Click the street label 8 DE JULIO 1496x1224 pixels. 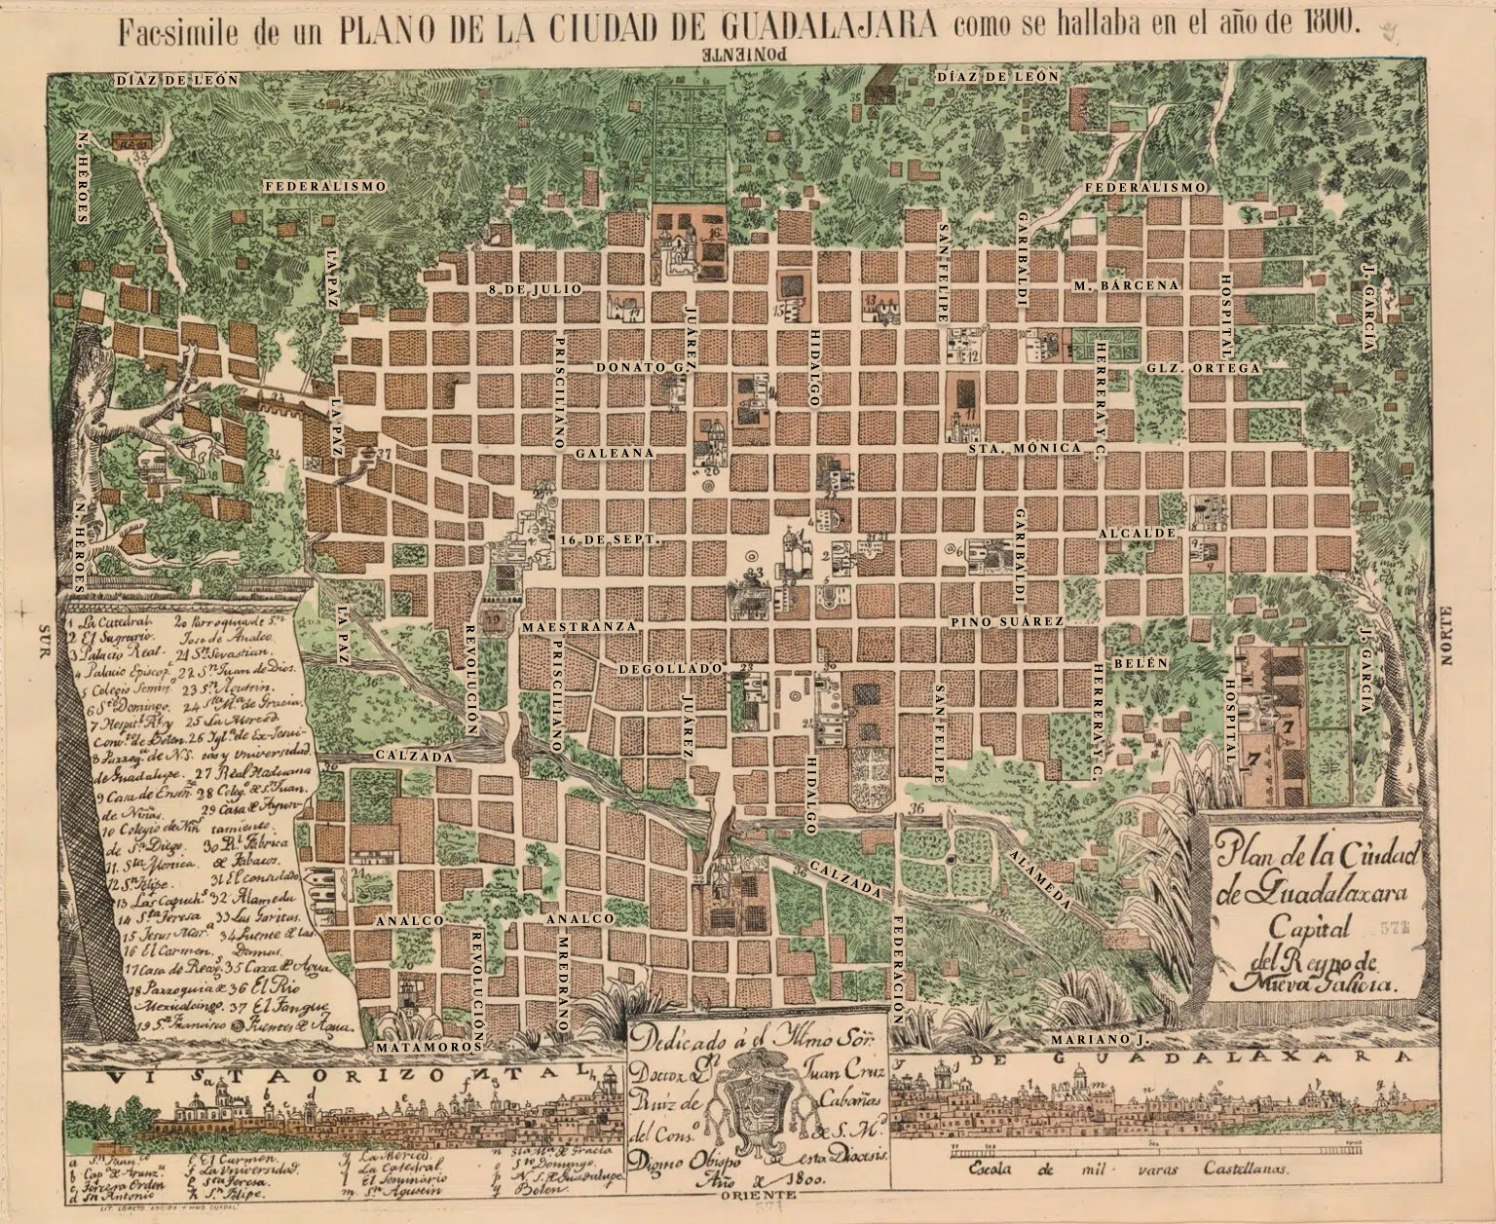tap(535, 289)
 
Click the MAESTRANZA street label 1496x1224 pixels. tap(580, 627)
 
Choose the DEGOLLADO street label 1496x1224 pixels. tap(672, 670)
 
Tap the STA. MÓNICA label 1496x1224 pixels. tap(1025, 448)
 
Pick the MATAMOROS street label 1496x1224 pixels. tap(429, 1046)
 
